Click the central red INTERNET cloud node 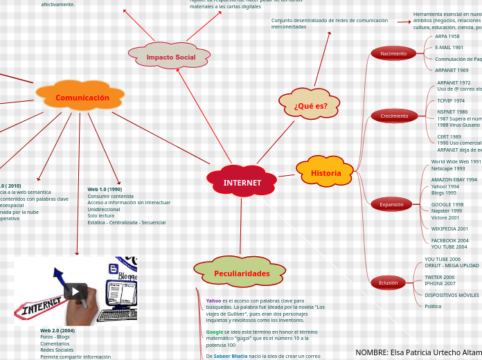242,183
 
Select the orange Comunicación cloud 82,98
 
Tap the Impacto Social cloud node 170,57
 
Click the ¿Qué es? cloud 310,106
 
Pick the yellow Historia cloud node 325,173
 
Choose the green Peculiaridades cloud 241,273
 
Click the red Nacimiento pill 393,53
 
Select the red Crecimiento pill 394,116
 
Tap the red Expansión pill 391,204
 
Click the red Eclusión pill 388,282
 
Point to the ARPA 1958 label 447,37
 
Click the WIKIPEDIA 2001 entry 449,228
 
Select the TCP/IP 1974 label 451,101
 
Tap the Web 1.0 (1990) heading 105,189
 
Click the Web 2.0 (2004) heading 57,330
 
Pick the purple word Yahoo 213,301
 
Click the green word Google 215,332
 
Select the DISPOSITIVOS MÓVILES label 452,295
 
